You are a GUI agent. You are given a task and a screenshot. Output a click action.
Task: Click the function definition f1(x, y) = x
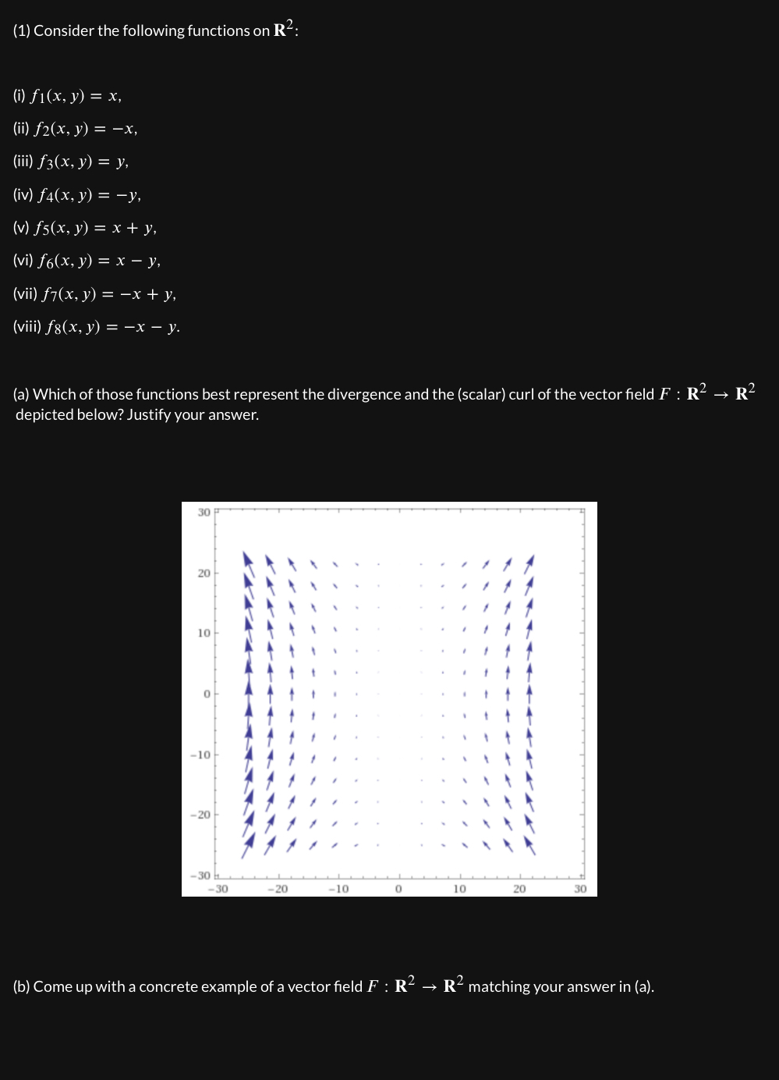76,97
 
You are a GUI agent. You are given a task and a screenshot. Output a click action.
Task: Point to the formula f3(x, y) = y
80,162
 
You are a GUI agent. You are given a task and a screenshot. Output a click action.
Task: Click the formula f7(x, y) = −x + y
108,294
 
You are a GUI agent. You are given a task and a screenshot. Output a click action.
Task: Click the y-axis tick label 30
204,513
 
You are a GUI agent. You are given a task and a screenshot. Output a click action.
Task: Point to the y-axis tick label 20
204,574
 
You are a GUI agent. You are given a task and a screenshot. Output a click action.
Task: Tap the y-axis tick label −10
200,755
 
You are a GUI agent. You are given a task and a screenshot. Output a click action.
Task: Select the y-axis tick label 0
207,694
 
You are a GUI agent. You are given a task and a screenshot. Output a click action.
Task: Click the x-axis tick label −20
278,889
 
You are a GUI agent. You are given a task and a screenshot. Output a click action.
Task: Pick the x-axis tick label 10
459,889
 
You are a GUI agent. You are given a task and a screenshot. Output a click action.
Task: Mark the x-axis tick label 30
580,889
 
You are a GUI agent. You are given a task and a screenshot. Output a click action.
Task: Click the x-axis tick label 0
398,889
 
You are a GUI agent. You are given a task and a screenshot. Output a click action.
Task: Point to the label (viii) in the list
27,327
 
